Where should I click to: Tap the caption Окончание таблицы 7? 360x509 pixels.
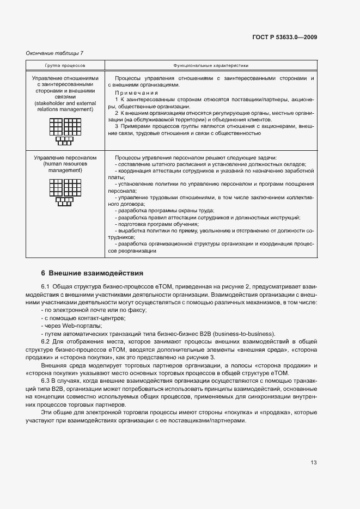click(54, 53)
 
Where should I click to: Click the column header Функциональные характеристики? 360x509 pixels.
click(211, 65)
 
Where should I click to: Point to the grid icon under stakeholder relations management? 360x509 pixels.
click(65, 131)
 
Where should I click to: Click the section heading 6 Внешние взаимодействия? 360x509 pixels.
click(92, 273)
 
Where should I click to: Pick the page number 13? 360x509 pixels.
click(314, 463)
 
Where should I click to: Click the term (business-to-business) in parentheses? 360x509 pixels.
click(244, 334)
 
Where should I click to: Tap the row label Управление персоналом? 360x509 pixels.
click(65, 158)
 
